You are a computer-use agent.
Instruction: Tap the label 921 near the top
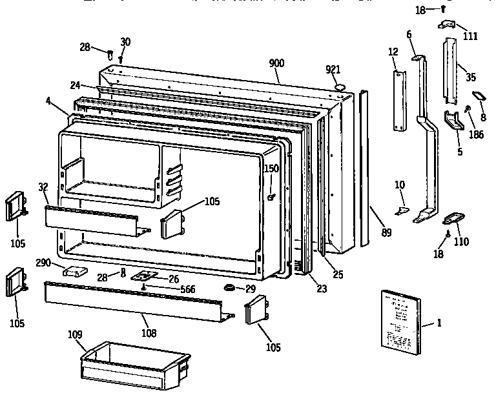tap(333, 69)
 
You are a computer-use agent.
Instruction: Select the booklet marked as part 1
tap(400, 321)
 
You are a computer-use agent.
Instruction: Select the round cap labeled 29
tap(229, 287)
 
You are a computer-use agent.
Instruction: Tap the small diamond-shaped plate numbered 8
tap(479, 96)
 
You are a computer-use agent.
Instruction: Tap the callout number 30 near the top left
tap(125, 42)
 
